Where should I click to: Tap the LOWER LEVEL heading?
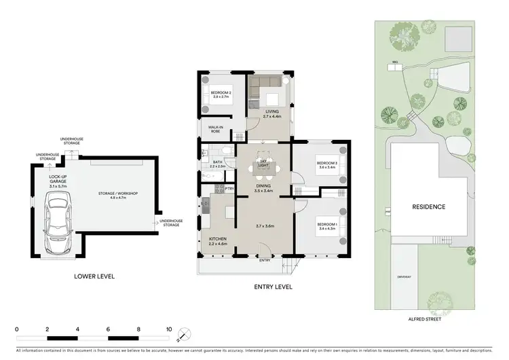[94, 276]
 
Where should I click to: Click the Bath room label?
[216, 163]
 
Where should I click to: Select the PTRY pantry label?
[229, 188]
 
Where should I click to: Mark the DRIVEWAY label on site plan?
[405, 276]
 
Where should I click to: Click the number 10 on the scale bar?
[169, 328]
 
